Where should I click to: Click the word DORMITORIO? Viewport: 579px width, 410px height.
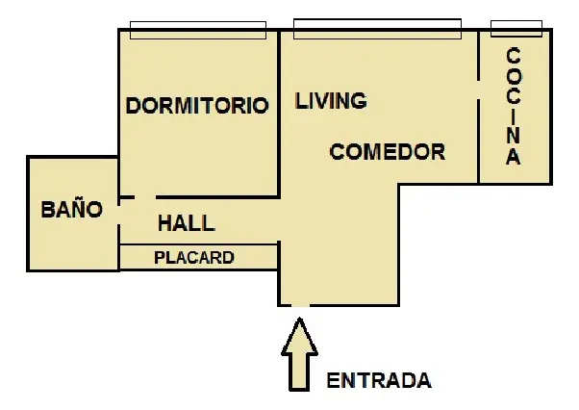click(x=197, y=106)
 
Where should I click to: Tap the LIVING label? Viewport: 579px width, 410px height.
click(x=331, y=101)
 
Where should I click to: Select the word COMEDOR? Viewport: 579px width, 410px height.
click(x=388, y=152)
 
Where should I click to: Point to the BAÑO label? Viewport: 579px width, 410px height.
click(x=71, y=208)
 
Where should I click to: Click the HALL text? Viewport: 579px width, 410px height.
click(x=187, y=223)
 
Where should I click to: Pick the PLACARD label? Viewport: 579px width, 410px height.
click(x=194, y=257)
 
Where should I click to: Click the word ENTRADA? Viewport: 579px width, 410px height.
click(x=379, y=380)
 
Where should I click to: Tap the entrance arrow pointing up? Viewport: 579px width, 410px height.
click(x=299, y=354)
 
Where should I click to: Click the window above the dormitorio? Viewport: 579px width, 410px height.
click(x=198, y=30)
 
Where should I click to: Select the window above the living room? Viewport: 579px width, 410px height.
click(x=377, y=29)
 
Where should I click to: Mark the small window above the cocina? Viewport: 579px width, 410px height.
click(x=516, y=29)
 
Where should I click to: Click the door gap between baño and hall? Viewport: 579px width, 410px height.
click(x=119, y=215)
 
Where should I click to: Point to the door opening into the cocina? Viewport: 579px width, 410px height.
click(x=479, y=90)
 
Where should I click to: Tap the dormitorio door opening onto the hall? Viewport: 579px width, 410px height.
click(x=145, y=197)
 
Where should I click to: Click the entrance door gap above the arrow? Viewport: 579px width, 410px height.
click(x=301, y=305)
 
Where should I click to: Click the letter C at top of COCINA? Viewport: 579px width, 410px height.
click(x=513, y=56)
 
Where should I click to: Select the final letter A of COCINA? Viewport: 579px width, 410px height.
click(x=513, y=156)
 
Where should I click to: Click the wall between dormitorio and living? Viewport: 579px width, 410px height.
click(x=279, y=114)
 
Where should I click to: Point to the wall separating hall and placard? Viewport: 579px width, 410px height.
click(x=199, y=244)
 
